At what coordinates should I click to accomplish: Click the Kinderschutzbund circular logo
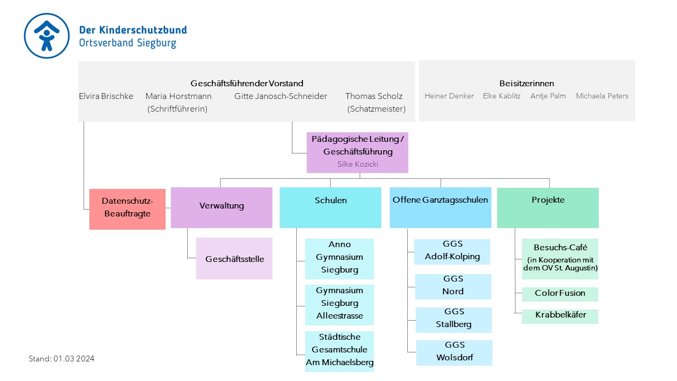click(x=47, y=35)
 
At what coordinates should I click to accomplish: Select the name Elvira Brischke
click(x=106, y=96)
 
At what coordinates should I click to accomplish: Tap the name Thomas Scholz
click(x=374, y=96)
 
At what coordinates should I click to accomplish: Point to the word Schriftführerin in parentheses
click(x=177, y=109)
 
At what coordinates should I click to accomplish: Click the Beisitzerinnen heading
click(x=526, y=83)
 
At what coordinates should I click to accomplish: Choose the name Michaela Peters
click(x=602, y=96)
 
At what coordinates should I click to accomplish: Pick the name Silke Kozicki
click(x=358, y=164)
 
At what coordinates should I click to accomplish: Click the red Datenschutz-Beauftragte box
click(x=127, y=209)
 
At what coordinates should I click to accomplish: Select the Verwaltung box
click(x=222, y=207)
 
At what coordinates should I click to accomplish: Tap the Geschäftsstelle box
click(x=234, y=259)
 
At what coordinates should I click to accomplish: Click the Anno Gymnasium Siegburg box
click(x=340, y=259)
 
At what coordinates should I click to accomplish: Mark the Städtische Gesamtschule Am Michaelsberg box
click(x=340, y=351)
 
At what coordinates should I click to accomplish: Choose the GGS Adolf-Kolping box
click(x=452, y=252)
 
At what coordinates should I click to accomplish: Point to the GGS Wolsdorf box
click(x=454, y=353)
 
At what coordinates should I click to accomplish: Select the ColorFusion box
click(x=560, y=294)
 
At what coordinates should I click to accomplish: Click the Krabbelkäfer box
click(x=560, y=316)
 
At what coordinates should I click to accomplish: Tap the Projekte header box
click(x=548, y=208)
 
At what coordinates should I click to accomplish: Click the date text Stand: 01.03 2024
click(x=61, y=359)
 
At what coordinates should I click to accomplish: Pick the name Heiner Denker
click(x=449, y=96)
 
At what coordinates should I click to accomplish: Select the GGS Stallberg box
click(x=454, y=320)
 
